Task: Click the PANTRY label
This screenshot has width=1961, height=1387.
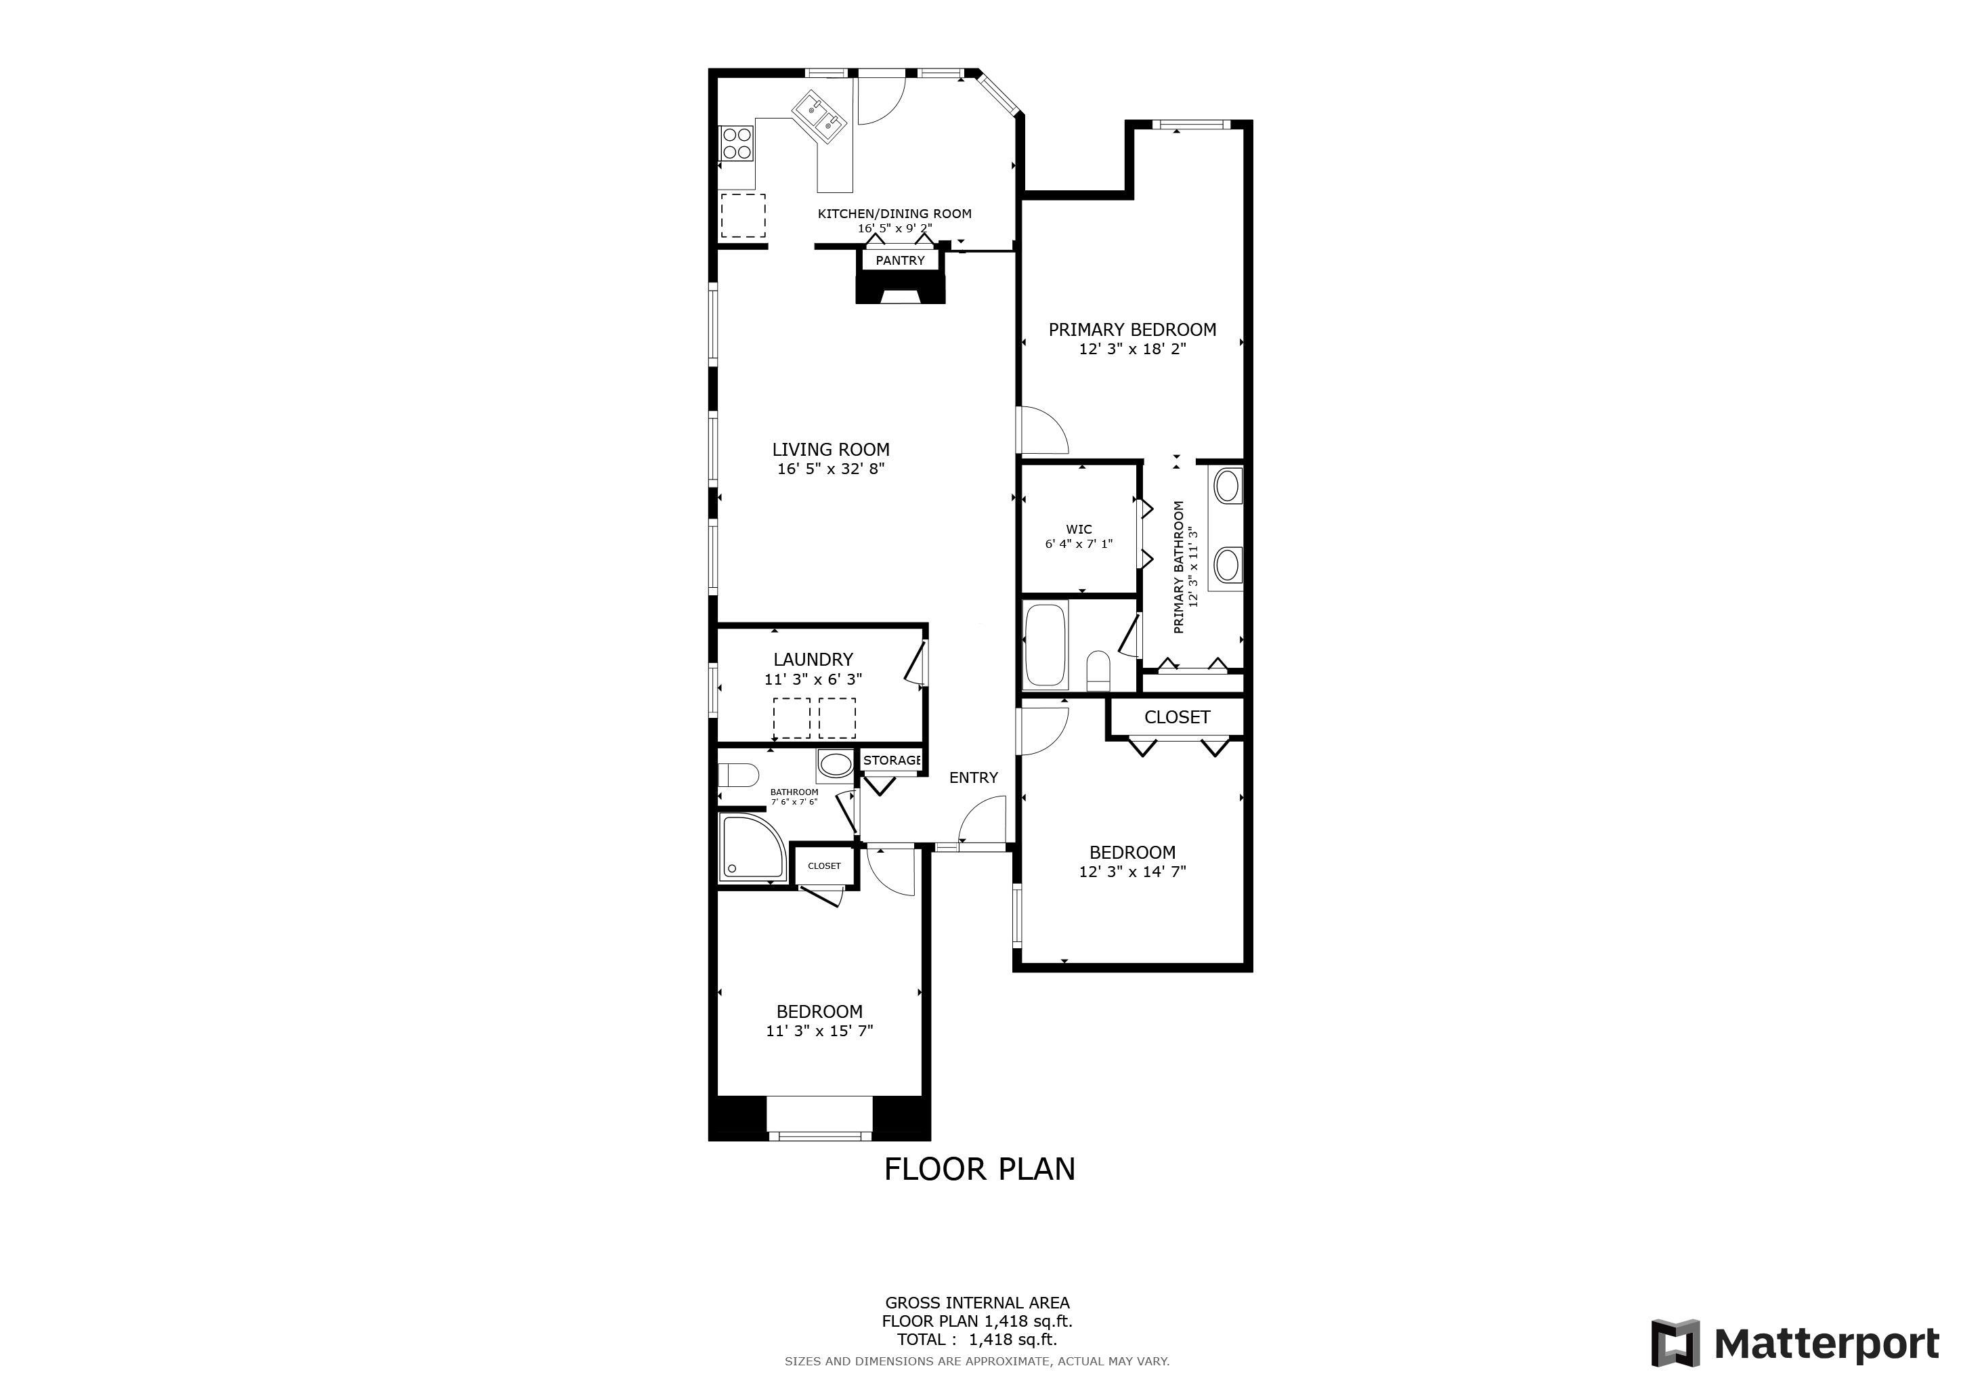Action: coord(900,261)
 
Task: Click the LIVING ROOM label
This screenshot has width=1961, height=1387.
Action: coord(831,449)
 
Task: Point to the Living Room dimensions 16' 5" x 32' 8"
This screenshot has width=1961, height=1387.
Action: coord(831,469)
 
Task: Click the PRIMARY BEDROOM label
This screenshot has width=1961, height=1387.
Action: coord(1133,330)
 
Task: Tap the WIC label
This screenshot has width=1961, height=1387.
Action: coord(1079,530)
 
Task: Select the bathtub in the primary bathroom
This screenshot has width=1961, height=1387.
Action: coord(1046,645)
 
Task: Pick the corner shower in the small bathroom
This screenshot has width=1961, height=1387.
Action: coord(752,847)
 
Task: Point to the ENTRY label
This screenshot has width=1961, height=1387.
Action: coord(974,778)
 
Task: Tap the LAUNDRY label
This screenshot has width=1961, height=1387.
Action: coord(813,660)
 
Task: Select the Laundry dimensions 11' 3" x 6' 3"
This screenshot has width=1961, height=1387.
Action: coord(813,680)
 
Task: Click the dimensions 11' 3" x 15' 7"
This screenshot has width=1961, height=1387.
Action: coord(819,1031)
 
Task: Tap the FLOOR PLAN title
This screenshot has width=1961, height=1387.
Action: coord(980,1169)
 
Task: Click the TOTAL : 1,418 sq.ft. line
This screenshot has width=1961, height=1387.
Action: coord(977,1340)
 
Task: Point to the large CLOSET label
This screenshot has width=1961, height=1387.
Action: coord(1177,717)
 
